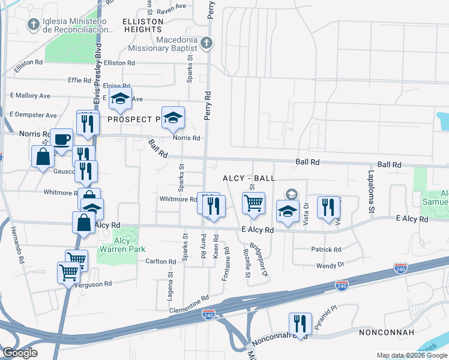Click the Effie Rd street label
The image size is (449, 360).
(79, 80)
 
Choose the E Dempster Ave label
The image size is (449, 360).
(33, 115)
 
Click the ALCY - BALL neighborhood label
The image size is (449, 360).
(249, 178)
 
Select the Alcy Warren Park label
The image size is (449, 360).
(121, 245)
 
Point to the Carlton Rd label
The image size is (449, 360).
(161, 261)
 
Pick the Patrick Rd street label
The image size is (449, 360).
(326, 249)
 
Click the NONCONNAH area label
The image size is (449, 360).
(385, 332)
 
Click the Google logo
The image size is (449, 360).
(20, 353)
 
